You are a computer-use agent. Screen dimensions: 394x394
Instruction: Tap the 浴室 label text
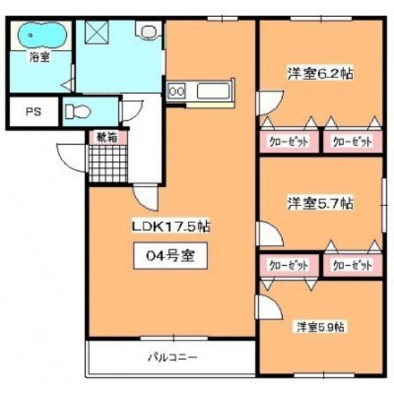click(x=39, y=58)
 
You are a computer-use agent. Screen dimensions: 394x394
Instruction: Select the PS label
click(x=33, y=111)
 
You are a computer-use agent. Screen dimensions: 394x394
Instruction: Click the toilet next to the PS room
click(x=77, y=111)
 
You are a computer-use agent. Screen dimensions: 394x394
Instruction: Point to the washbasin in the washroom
click(x=148, y=32)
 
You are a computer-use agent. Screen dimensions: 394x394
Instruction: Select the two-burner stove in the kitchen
click(x=177, y=90)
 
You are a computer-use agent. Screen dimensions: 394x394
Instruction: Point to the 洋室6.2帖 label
click(x=319, y=72)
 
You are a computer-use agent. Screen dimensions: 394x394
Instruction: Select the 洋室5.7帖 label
click(x=319, y=203)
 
